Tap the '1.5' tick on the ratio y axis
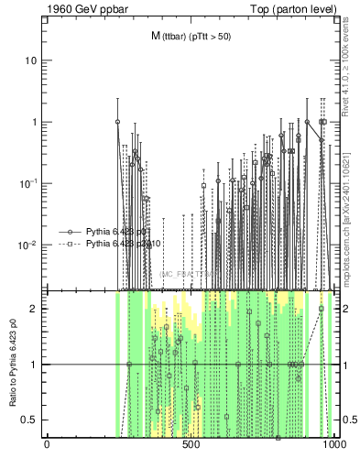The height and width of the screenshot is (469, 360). tap(30, 336)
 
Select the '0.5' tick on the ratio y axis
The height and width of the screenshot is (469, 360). tap(30, 420)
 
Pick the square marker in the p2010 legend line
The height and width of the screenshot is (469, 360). tap(69, 245)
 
